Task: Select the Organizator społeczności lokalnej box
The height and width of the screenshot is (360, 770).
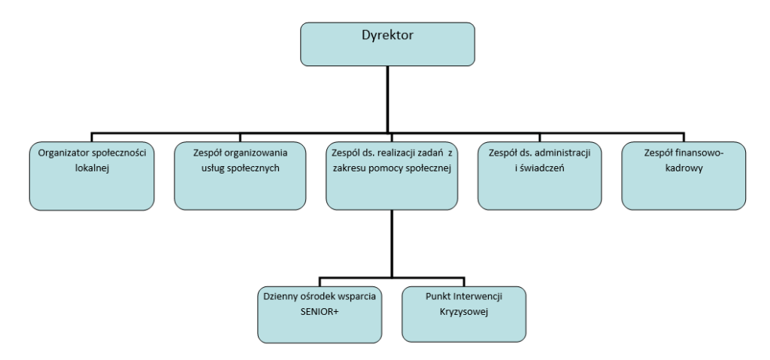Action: (91, 175)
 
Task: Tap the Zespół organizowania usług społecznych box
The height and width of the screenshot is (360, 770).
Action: (241, 175)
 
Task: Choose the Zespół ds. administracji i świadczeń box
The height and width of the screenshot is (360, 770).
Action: (540, 175)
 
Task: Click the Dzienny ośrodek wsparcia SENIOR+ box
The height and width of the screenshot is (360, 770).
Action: (317, 312)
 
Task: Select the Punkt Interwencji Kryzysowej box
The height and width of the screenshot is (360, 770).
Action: (462, 312)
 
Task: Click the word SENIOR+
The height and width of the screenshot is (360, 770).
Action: (317, 312)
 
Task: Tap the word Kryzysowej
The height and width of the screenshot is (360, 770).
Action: (462, 312)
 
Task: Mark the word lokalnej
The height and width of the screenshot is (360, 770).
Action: (91, 169)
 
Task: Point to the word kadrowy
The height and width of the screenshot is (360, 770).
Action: (684, 169)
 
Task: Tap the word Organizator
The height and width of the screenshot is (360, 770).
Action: (62, 153)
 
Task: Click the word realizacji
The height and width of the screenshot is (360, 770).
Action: (399, 153)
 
